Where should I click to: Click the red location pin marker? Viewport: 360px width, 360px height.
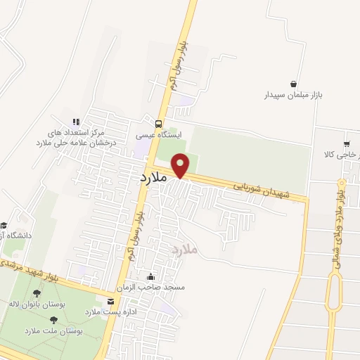[x=181, y=166]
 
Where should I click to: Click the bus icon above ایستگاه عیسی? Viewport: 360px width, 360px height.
[x=148, y=122]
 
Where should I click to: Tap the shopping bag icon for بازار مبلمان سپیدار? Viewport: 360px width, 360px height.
[x=293, y=83]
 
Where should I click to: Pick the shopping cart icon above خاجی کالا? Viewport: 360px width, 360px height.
[x=346, y=143]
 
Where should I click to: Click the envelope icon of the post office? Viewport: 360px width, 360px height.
[x=110, y=300]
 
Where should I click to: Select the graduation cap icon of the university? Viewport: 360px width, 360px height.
[x=4, y=224]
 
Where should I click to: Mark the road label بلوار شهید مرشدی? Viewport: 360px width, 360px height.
[x=28, y=271]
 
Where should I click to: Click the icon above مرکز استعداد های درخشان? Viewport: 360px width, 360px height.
[x=76, y=122]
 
